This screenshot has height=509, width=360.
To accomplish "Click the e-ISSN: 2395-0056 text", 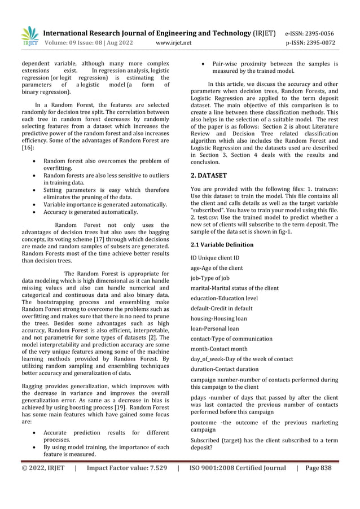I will (x=318, y=33).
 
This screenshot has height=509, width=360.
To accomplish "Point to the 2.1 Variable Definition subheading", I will (x=222, y=245).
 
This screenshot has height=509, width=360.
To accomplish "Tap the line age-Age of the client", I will (x=217, y=268).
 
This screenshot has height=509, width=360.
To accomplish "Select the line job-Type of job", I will (x=210, y=278).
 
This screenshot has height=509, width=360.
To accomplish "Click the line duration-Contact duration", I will (x=223, y=370).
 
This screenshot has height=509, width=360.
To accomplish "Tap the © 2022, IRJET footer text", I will (x=43, y=468).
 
